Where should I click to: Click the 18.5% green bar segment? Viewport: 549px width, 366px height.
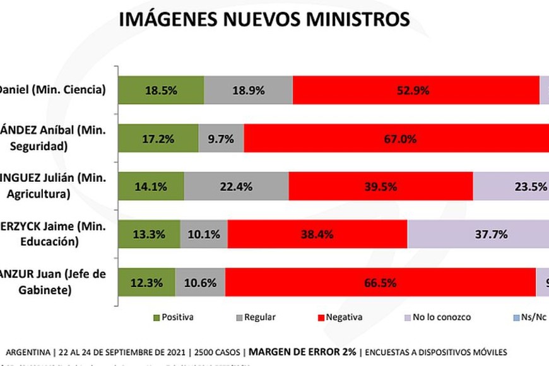pyautogui.click(x=161, y=90)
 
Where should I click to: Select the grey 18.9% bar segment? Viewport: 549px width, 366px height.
pyautogui.click(x=249, y=90)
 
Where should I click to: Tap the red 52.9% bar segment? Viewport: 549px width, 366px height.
pyautogui.click(x=416, y=90)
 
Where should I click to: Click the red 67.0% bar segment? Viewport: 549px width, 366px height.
pyautogui.click(x=396, y=138)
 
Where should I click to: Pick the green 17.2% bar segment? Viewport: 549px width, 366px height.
pyautogui.click(x=158, y=138)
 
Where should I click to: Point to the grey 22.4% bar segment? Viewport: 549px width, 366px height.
pyautogui.click(x=236, y=187)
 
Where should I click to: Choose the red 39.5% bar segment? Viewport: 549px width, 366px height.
pyautogui.click(x=381, y=187)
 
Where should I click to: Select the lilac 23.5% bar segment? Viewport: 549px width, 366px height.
pyautogui.click(x=511, y=187)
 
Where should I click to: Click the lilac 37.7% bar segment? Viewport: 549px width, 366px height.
pyautogui.click(x=478, y=235)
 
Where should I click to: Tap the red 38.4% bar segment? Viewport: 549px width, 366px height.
pyautogui.click(x=317, y=235)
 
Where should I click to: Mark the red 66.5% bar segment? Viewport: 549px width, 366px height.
pyautogui.click(x=381, y=282)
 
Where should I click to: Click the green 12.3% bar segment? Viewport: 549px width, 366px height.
pyautogui.click(x=146, y=282)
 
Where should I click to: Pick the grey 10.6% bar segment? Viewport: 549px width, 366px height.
pyautogui.click(x=200, y=282)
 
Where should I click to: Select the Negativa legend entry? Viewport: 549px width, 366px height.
pyautogui.click(x=339, y=317)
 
